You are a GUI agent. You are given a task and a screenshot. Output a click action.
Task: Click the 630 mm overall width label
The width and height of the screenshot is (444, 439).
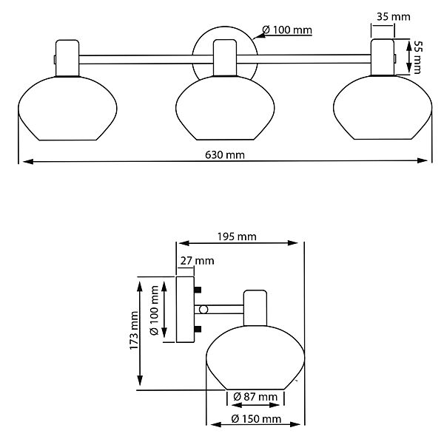[x=225, y=155]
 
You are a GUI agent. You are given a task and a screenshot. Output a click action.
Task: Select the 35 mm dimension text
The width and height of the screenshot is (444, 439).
[x=394, y=17]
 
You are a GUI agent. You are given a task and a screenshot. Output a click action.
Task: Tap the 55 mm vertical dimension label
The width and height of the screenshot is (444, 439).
[x=417, y=57]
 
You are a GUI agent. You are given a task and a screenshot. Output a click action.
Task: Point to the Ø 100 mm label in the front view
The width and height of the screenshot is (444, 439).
[x=287, y=30]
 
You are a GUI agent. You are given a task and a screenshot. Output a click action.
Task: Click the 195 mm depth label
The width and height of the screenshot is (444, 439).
[x=237, y=236]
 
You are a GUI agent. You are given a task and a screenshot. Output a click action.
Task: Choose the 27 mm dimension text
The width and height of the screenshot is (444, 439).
[x=197, y=260]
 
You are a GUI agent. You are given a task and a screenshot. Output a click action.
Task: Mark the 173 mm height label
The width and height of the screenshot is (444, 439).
[x=134, y=330]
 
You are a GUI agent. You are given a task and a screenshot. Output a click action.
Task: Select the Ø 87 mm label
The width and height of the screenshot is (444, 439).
[x=255, y=397]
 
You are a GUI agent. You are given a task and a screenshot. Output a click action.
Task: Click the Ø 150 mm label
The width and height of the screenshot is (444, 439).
[x=256, y=419]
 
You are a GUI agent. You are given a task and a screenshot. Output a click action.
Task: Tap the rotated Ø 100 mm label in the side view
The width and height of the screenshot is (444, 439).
[x=155, y=310]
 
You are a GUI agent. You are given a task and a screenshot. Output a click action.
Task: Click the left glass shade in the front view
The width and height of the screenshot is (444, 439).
[x=67, y=109]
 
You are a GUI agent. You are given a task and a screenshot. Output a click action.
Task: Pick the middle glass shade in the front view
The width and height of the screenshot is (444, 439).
[x=225, y=108]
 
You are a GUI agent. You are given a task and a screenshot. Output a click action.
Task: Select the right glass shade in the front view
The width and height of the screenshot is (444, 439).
[x=383, y=107]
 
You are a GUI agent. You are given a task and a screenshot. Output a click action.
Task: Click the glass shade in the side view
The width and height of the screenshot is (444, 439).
[x=255, y=358]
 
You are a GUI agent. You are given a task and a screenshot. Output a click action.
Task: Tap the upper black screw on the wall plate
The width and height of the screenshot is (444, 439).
[x=198, y=290]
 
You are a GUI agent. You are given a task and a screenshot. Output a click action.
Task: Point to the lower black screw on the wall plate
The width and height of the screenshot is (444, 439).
[x=198, y=329]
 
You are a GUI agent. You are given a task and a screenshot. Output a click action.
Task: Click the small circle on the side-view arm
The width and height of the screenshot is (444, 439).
[x=203, y=310]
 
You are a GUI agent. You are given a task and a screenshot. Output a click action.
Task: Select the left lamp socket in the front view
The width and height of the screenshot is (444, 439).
[x=67, y=58]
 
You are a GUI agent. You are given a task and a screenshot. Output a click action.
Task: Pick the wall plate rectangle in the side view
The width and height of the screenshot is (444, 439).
[x=185, y=310]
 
